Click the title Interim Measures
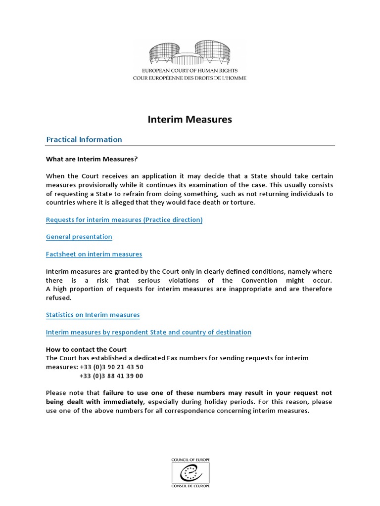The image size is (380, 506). pos(190,120)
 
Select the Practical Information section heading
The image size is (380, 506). pos(84,139)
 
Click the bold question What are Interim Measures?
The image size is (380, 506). pos(92,159)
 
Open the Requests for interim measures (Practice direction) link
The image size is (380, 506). pos(124,219)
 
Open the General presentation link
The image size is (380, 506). pos(79,237)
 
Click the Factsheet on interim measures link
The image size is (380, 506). pos(94,254)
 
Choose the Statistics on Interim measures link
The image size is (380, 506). pos(93,315)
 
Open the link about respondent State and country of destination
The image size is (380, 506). pos(148,332)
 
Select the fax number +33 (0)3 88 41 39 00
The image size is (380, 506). pos(111,376)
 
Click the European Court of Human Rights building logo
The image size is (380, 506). pos(190,54)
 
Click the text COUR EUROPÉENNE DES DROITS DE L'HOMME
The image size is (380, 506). pos(190,78)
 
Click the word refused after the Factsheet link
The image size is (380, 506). pos(59,297)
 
